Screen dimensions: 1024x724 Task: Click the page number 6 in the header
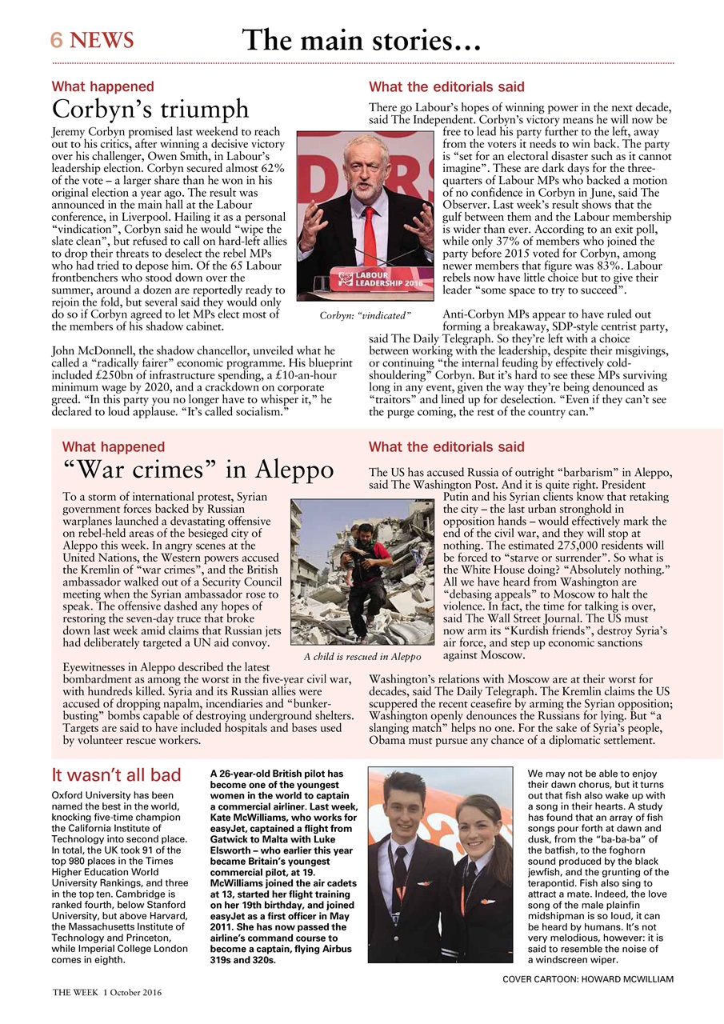point(58,40)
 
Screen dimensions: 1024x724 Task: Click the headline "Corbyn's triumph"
point(150,108)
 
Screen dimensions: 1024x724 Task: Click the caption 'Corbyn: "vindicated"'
point(365,316)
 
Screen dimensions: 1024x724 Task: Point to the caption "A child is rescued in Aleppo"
point(362,657)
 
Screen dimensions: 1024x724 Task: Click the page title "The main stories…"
point(362,39)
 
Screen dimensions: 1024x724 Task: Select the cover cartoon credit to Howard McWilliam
point(588,979)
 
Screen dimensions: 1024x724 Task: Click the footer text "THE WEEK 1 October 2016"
point(107,993)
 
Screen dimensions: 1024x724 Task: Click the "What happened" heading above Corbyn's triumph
point(102,86)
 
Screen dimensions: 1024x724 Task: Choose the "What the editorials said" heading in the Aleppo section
point(446,446)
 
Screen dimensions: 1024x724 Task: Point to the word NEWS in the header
point(102,40)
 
